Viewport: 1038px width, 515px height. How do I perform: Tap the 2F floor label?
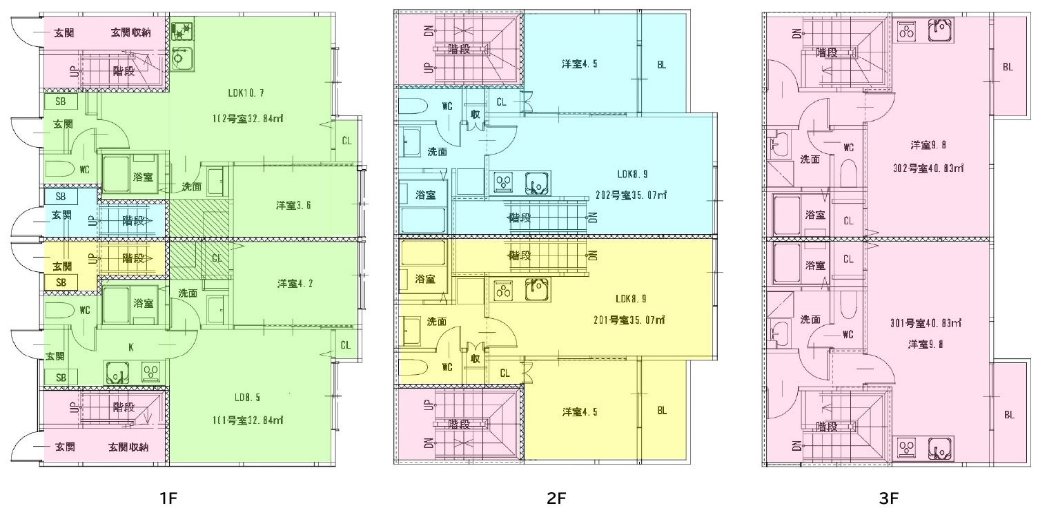(x=556, y=498)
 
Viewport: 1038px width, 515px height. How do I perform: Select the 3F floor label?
(x=888, y=498)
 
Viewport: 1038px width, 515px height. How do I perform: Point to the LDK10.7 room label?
(x=246, y=93)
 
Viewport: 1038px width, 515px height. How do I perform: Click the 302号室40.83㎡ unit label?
(x=929, y=168)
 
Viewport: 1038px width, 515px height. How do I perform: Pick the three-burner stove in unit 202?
(x=505, y=182)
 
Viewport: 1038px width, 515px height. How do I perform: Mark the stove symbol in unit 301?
(x=906, y=448)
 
